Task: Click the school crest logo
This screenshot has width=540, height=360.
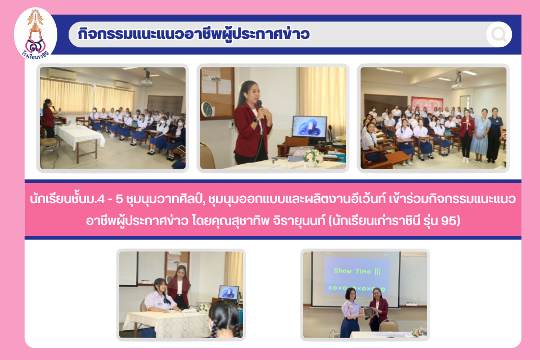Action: pyautogui.click(x=35, y=34)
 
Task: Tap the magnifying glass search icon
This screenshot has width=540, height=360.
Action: pyautogui.click(x=499, y=34)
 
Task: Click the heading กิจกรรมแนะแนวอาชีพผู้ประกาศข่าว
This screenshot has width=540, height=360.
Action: pyautogui.click(x=193, y=34)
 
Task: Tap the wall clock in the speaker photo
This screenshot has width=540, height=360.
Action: pyautogui.click(x=207, y=109)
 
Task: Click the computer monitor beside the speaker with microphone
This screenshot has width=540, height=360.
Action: pyautogui.click(x=309, y=128)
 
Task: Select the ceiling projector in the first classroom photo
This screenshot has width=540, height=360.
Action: pyautogui.click(x=147, y=79)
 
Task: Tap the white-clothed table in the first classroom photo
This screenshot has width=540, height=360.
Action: pyautogui.click(x=80, y=137)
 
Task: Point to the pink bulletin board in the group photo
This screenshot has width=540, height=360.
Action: pyautogui.click(x=427, y=103)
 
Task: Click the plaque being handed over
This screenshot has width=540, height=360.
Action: pyautogui.click(x=369, y=312)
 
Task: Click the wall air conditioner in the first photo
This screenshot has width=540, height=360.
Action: pyautogui.click(x=62, y=74)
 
